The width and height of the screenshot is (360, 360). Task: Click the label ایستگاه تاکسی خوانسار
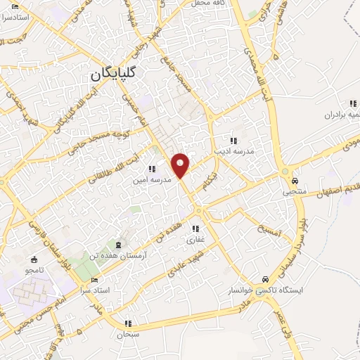coord(265,290)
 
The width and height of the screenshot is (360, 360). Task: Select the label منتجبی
coord(285,191)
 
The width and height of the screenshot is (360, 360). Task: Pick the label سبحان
coord(127,335)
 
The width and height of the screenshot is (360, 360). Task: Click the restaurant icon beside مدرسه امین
coord(151,169)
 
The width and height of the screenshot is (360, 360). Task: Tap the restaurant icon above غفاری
coord(195,229)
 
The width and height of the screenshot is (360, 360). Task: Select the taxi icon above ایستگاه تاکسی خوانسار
coord(264,278)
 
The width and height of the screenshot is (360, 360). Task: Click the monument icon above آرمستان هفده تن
coord(118,245)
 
